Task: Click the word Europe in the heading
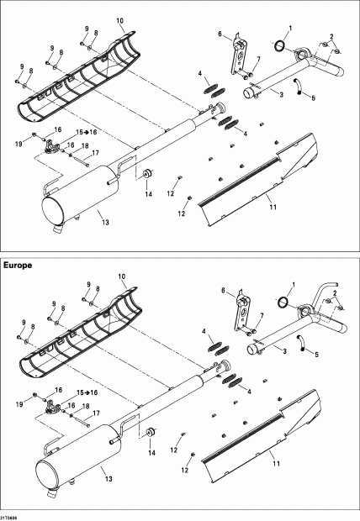[19, 265]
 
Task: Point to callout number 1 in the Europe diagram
[292, 282]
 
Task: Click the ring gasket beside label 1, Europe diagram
[284, 302]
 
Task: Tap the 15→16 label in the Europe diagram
[87, 392]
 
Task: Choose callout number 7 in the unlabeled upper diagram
[258, 59]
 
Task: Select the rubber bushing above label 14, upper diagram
[146, 172]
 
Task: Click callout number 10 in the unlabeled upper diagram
[119, 18]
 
